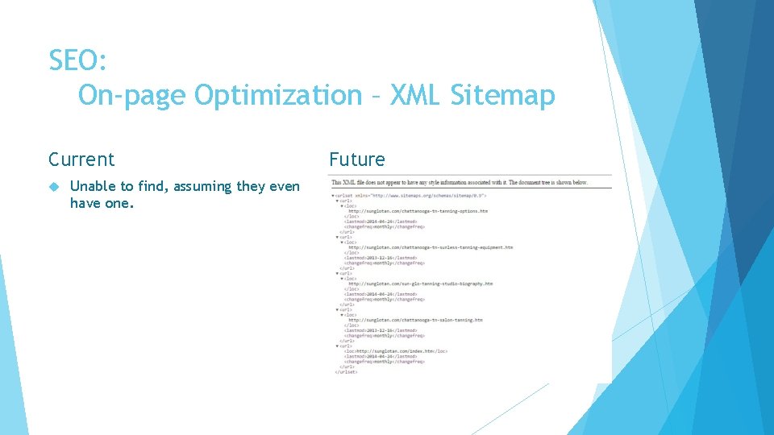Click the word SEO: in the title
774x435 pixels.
point(77,60)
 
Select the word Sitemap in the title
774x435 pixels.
point(503,95)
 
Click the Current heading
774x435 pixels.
point(81,159)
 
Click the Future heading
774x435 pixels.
point(356,159)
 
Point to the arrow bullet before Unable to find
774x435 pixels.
point(54,187)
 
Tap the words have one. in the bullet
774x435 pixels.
point(102,204)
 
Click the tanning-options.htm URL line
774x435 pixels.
point(418,211)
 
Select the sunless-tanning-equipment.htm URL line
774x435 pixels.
point(430,247)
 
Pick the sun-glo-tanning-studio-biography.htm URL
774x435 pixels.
point(420,284)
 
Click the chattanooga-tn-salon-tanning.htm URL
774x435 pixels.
point(415,320)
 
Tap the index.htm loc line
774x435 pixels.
point(395,351)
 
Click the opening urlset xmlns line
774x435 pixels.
point(410,196)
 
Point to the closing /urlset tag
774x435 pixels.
point(346,372)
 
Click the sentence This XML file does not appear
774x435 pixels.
point(460,183)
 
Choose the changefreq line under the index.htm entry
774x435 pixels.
point(384,362)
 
